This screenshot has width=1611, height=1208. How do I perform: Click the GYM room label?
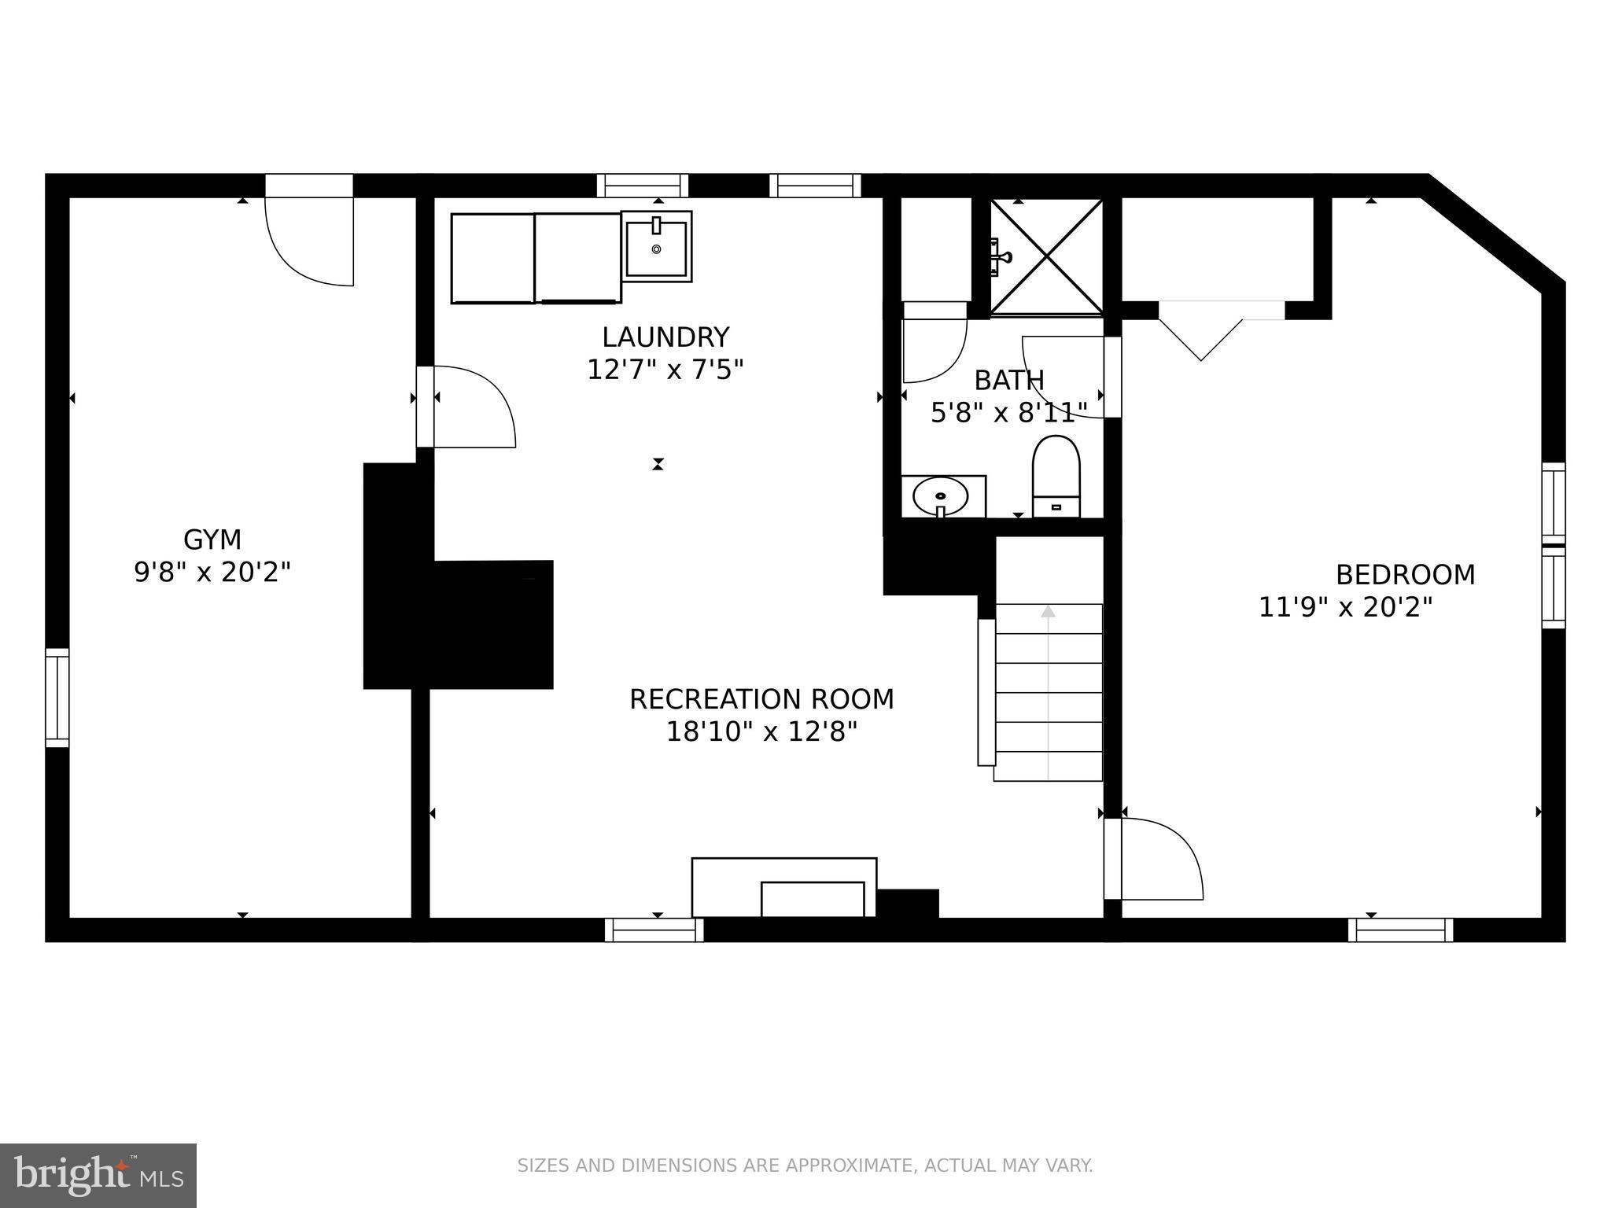pyautogui.click(x=212, y=540)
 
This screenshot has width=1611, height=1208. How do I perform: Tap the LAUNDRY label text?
pyautogui.click(x=665, y=337)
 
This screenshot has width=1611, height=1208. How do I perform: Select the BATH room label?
pyautogui.click(x=1009, y=381)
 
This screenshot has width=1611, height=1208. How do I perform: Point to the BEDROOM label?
pyautogui.click(x=1405, y=575)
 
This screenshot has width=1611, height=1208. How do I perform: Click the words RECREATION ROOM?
pyautogui.click(x=761, y=699)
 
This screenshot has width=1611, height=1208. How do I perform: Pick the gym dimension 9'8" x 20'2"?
pyautogui.click(x=212, y=573)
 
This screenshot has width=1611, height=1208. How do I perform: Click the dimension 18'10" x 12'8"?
pyautogui.click(x=761, y=732)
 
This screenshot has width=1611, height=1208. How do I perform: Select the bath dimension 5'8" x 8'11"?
pyautogui.click(x=1009, y=412)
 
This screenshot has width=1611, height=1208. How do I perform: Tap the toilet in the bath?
pyautogui.click(x=1056, y=477)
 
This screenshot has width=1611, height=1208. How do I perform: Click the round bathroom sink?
pyautogui.click(x=940, y=496)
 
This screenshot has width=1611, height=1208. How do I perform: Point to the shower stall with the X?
pyautogui.click(x=1046, y=256)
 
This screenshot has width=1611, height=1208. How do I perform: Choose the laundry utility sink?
pyautogui.click(x=656, y=246)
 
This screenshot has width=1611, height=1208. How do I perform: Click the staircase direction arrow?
pyautogui.click(x=1048, y=692)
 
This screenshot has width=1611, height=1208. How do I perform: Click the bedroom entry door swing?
pyautogui.click(x=1154, y=858)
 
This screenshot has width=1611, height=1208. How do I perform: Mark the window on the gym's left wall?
pyautogui.click(x=57, y=698)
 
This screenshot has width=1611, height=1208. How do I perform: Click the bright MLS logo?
pyautogui.click(x=98, y=1176)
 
